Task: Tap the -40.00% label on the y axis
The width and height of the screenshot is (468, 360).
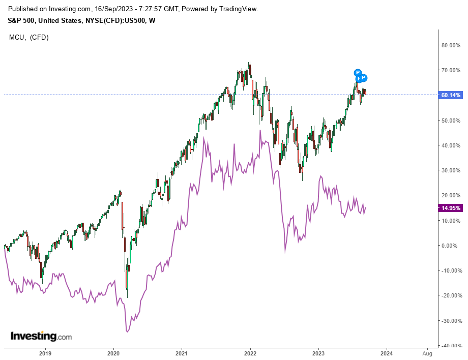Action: point(451,346)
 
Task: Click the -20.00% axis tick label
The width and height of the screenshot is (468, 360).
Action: point(451,295)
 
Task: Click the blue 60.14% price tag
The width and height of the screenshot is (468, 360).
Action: point(451,95)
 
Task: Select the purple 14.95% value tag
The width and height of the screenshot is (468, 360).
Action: point(450,208)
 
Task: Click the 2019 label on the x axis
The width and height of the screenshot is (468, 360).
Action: point(45,353)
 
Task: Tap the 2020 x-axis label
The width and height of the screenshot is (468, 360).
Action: point(113,353)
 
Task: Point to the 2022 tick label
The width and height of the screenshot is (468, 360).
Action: point(250,353)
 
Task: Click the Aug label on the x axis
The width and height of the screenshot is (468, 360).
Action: point(428,353)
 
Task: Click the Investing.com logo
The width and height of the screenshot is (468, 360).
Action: point(41,337)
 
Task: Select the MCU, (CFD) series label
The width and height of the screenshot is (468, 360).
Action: point(29,37)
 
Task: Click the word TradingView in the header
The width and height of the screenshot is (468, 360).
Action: point(238,9)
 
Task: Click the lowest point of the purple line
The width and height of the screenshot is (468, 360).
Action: point(127,332)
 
